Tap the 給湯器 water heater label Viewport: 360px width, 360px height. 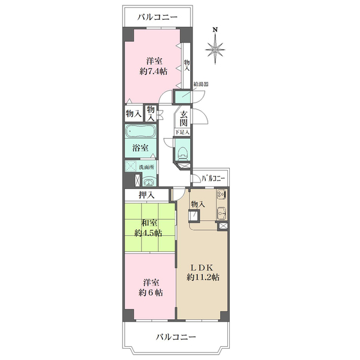[201, 84]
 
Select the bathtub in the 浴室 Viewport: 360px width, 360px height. [140, 131]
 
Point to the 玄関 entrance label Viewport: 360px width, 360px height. [184, 119]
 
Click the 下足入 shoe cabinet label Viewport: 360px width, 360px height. [182, 132]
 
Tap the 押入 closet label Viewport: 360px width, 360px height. [147, 195]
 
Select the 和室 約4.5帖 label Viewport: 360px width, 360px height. [149, 228]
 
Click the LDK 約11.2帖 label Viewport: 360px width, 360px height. [203, 272]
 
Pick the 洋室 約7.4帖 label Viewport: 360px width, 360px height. [154, 67]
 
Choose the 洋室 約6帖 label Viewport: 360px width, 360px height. [151, 287]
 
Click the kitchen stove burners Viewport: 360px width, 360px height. [221, 194]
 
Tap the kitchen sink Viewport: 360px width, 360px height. [221, 214]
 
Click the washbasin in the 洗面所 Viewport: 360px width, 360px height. [149, 182]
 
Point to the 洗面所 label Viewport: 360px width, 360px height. [146, 167]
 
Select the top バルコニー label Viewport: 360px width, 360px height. [157, 17]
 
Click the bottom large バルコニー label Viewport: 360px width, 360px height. [176, 337]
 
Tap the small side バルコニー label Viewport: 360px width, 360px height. [213, 178]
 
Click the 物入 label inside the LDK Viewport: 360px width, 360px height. [198, 204]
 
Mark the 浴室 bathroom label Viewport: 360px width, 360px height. [140, 148]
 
